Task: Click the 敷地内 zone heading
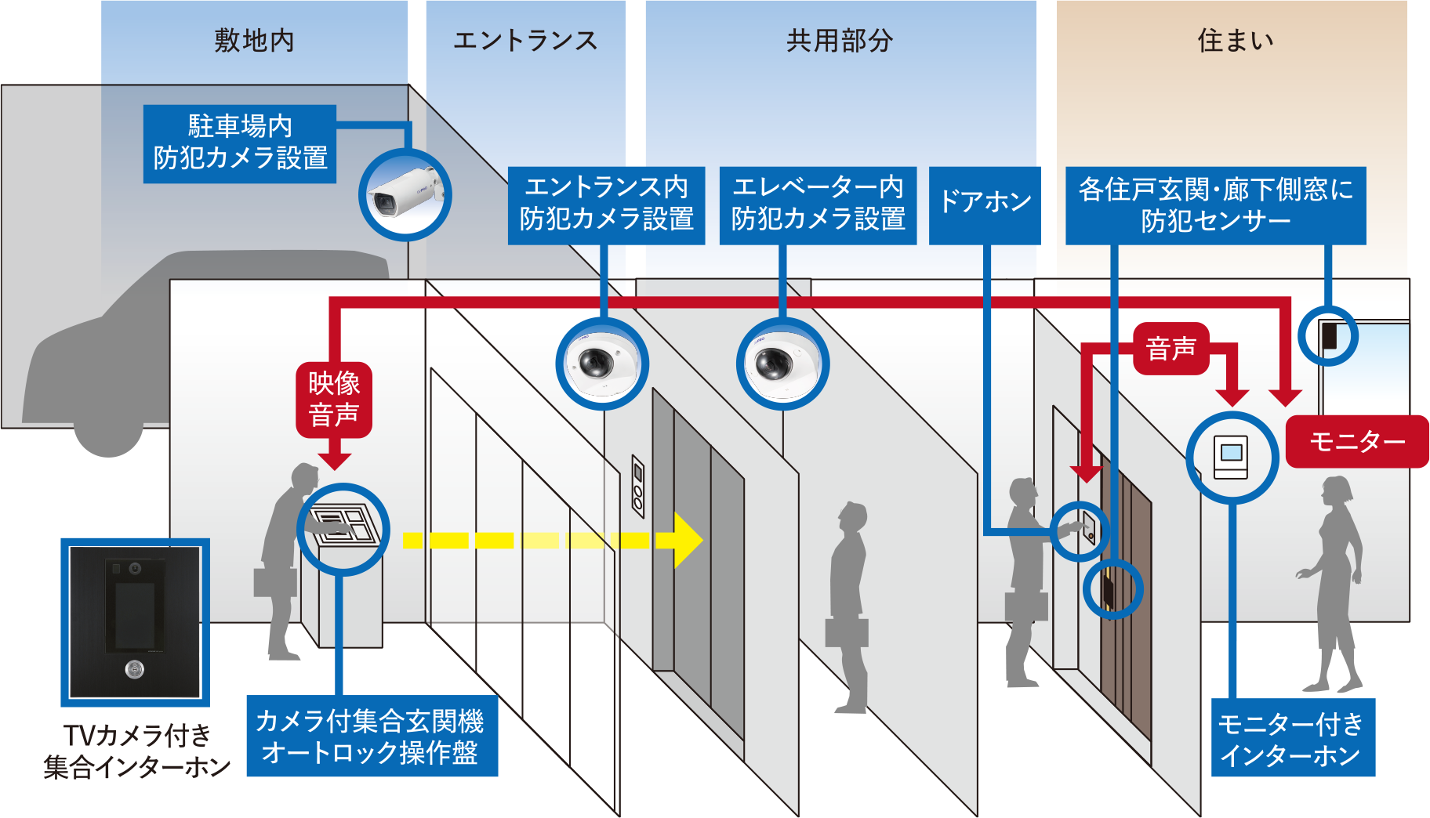click(x=254, y=41)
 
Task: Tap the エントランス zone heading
click(x=525, y=41)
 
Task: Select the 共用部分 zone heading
click(x=840, y=41)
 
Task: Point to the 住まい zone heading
click(x=1236, y=41)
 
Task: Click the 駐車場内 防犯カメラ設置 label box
click(x=240, y=143)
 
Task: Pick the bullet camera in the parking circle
click(x=405, y=194)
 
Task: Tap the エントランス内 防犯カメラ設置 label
click(x=606, y=204)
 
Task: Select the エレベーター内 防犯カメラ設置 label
click(x=818, y=204)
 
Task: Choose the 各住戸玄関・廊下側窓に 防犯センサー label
click(x=1215, y=204)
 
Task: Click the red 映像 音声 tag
click(x=334, y=399)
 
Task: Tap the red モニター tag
click(x=1357, y=442)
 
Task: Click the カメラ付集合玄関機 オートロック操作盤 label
click(x=372, y=736)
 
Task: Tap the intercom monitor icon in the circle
click(x=1231, y=456)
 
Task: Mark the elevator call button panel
click(x=638, y=486)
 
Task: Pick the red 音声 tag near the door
click(x=1171, y=348)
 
